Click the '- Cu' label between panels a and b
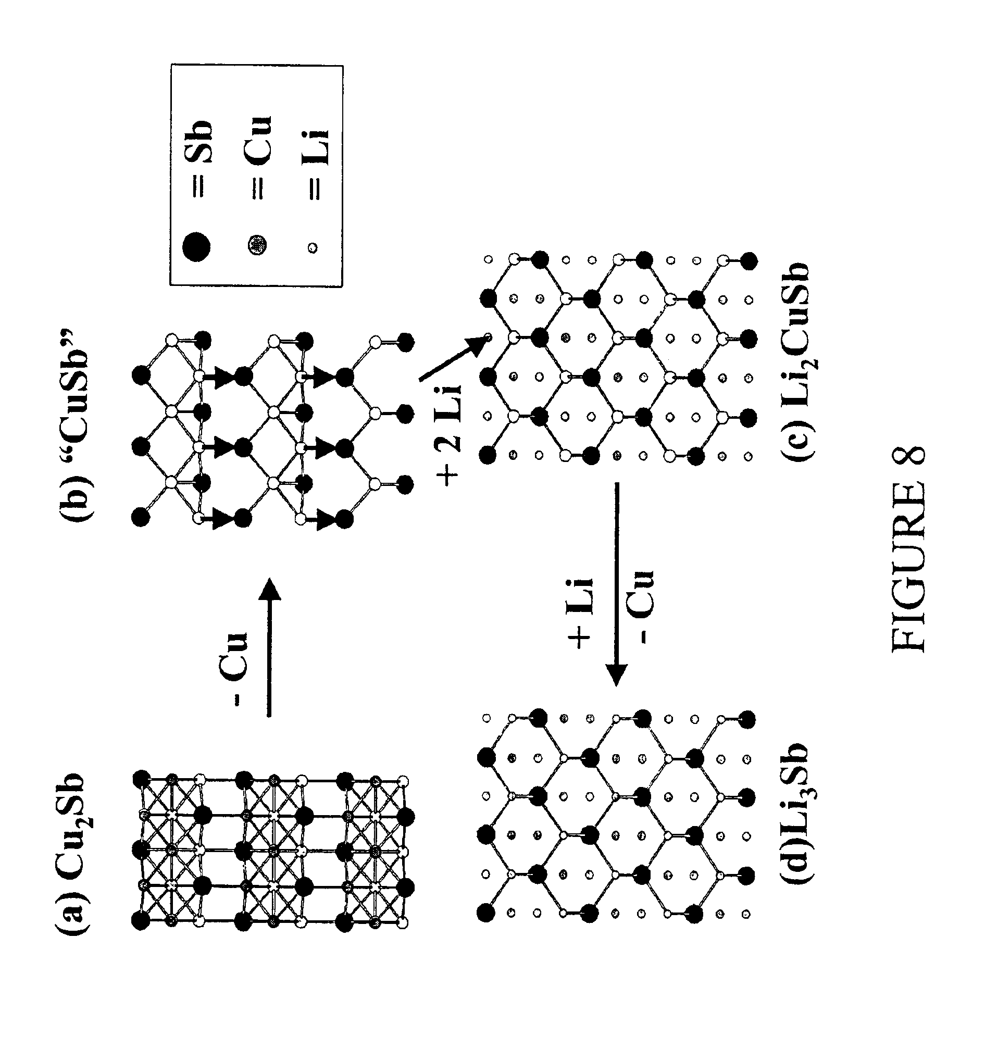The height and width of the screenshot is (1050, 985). click(233, 668)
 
